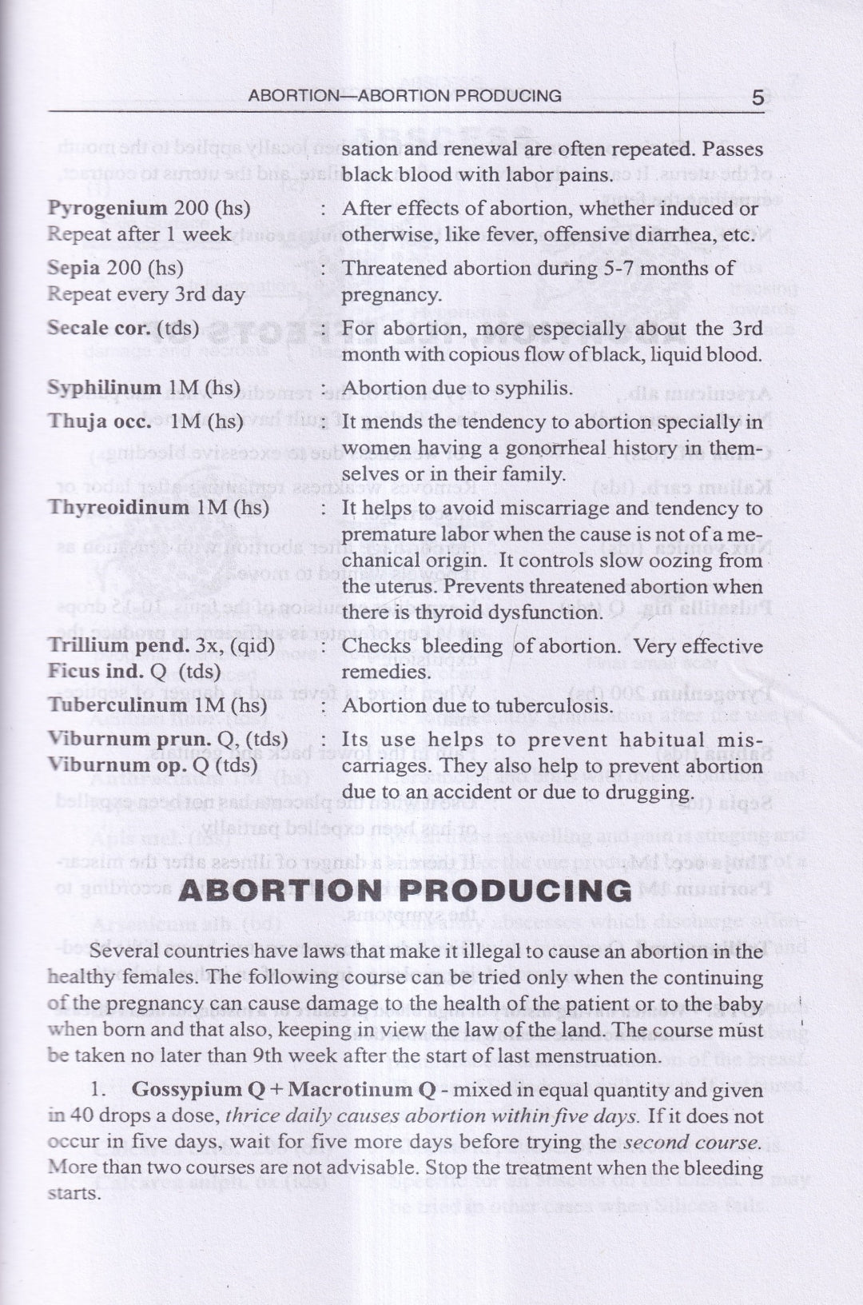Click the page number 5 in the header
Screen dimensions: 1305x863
(x=758, y=98)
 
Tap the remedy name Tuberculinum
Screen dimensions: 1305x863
(x=117, y=705)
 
